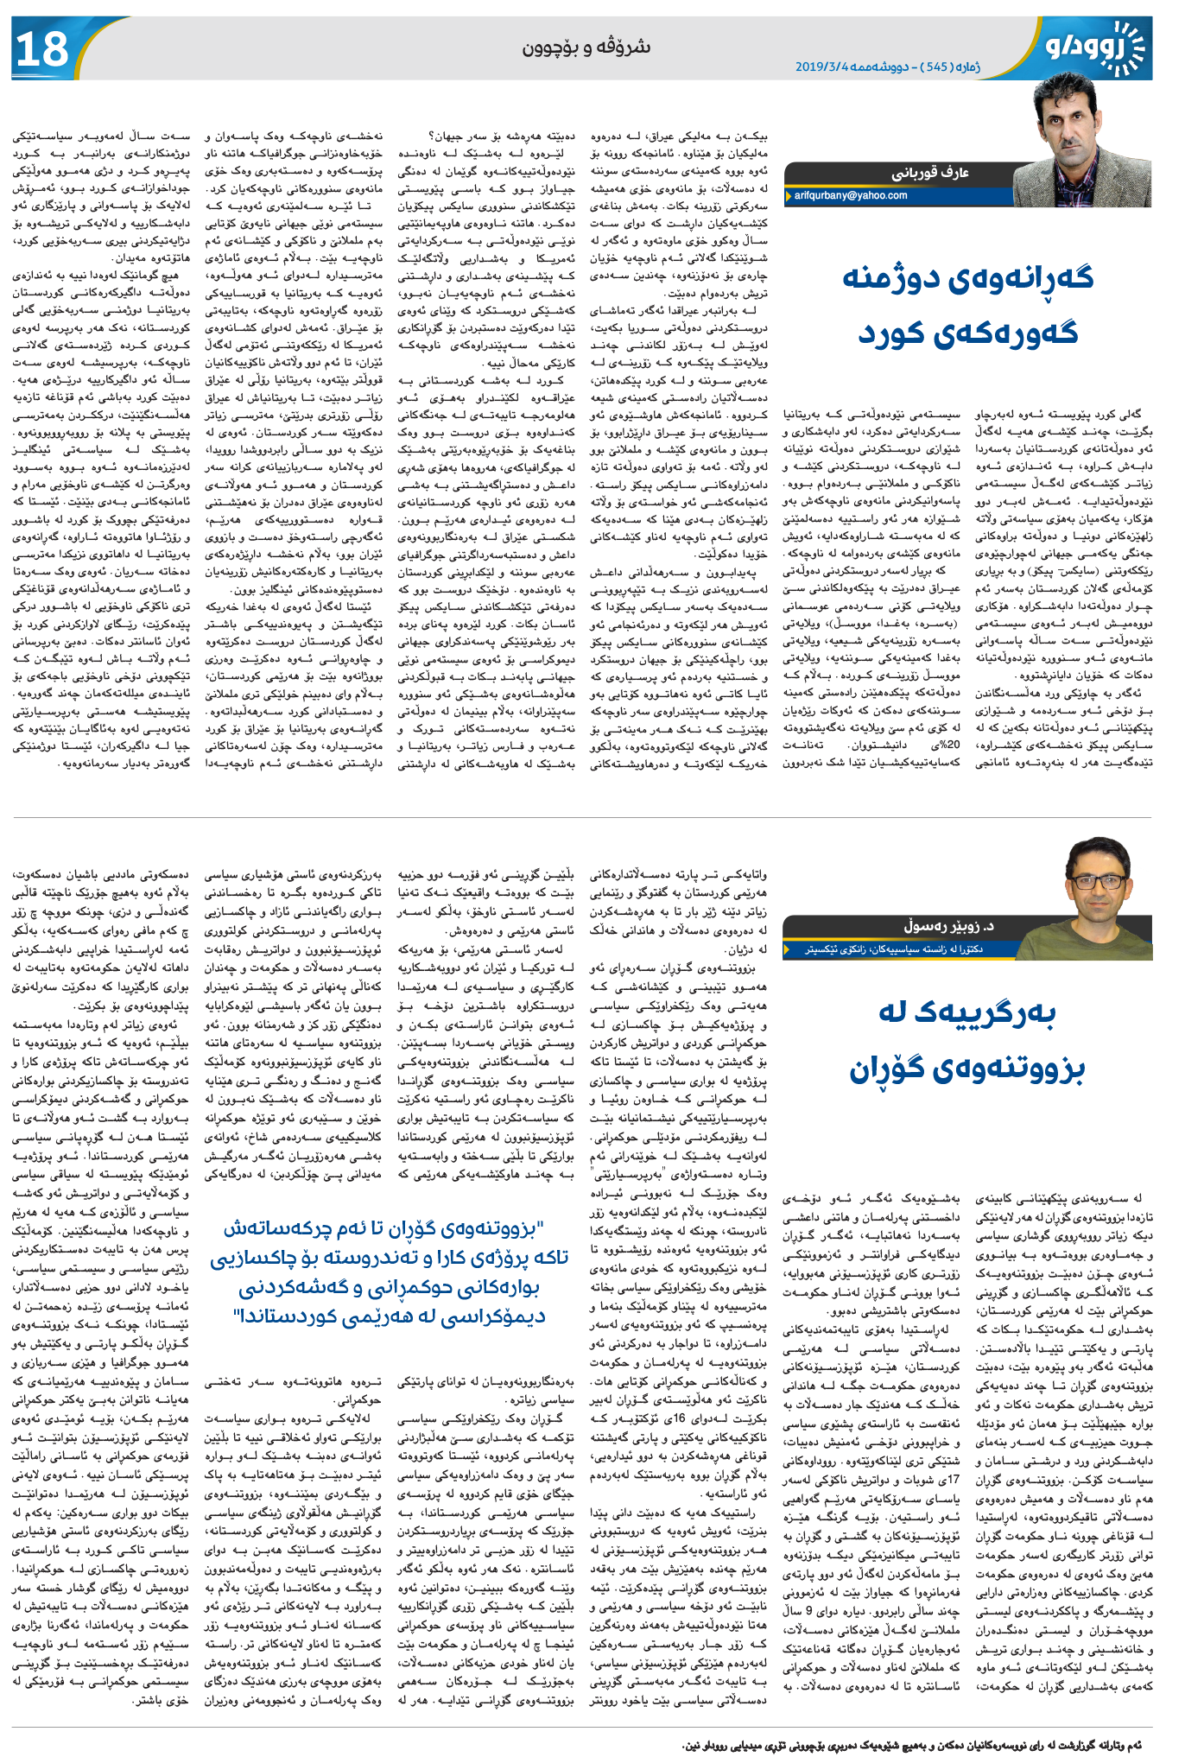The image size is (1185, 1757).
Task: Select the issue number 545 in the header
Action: pos(935,67)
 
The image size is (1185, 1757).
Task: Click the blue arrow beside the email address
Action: pos(789,196)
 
